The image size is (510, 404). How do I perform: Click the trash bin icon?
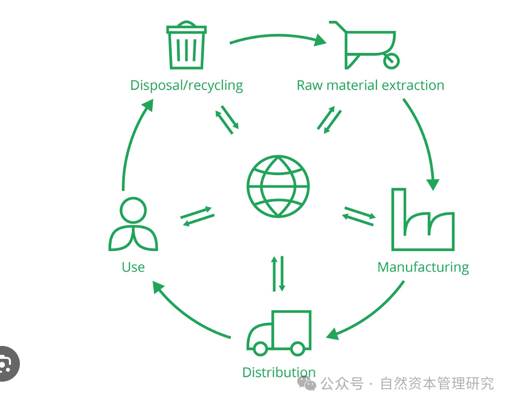tap(186, 46)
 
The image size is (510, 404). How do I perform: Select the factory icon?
tap(423, 221)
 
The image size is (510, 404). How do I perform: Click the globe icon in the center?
tap(278, 186)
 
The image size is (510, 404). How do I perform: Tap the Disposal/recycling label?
tap(186, 85)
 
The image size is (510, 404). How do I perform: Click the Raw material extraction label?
tap(370, 85)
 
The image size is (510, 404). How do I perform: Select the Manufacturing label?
tap(423, 267)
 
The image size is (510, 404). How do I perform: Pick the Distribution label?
tap(279, 372)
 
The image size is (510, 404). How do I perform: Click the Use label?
tap(133, 267)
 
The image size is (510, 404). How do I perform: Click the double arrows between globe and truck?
tap(279, 273)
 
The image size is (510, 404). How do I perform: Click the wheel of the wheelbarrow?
tap(392, 61)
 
